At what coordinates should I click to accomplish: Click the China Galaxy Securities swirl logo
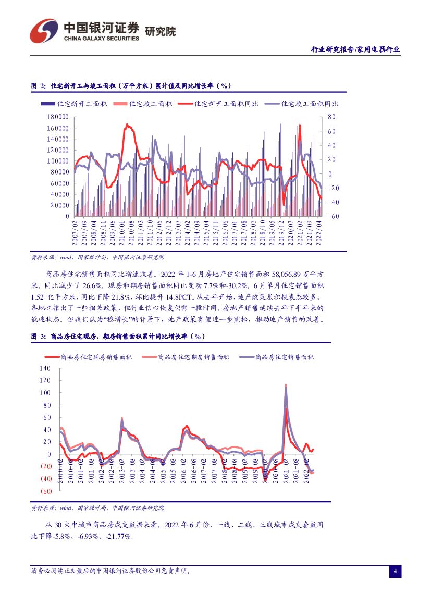tap(44, 31)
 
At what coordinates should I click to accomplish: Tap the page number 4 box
tap(395, 571)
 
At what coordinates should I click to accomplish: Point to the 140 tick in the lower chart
tap(45, 368)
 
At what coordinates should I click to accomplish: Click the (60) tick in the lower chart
tap(45, 491)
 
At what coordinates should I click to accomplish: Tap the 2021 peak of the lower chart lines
tap(286, 386)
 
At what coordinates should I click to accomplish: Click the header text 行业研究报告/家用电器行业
tap(355, 49)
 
